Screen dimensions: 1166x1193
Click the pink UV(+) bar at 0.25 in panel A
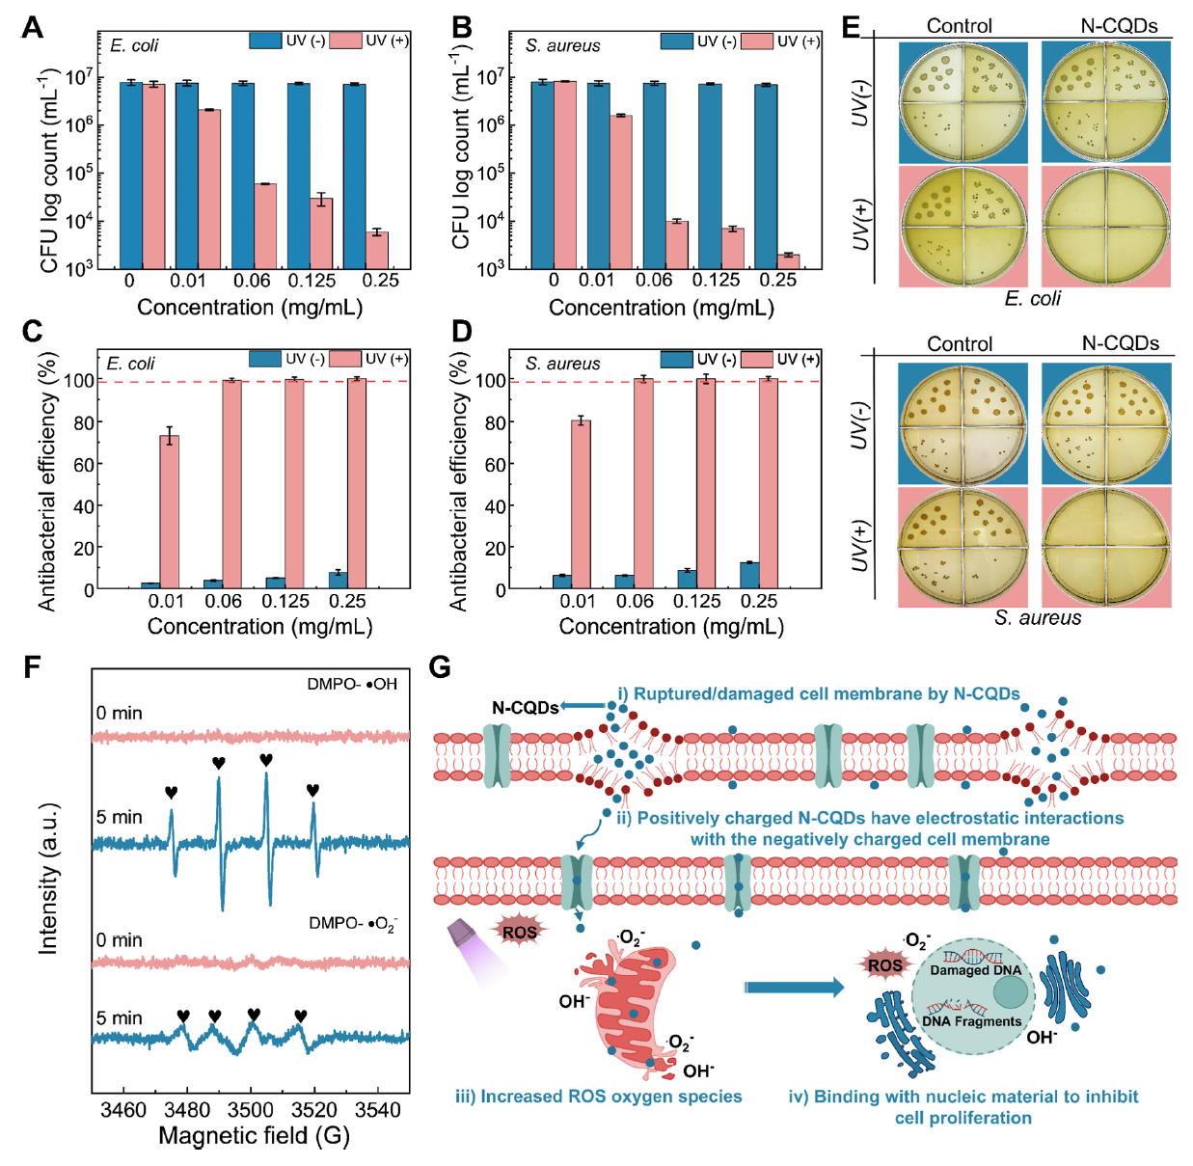(377, 250)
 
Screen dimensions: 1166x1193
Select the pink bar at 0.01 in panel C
(170, 511)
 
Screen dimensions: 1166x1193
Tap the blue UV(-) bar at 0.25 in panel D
(749, 575)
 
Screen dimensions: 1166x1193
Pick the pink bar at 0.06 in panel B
(677, 244)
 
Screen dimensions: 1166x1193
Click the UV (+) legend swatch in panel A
(345, 41)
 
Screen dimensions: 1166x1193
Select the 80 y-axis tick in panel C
(84, 422)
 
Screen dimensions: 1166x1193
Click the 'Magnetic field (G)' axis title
(254, 1136)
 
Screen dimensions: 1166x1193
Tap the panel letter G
(440, 667)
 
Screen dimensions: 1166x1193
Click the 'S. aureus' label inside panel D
(562, 364)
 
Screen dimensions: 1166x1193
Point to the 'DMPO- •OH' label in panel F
(352, 684)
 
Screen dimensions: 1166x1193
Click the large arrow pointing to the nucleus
(793, 987)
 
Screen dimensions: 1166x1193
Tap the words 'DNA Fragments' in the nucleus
(971, 1020)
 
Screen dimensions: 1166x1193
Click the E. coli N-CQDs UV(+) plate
(1106, 227)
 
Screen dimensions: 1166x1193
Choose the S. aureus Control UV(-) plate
(962, 423)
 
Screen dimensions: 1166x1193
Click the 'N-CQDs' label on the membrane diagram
(525, 708)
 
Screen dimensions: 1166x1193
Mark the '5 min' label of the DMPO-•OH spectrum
(119, 817)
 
